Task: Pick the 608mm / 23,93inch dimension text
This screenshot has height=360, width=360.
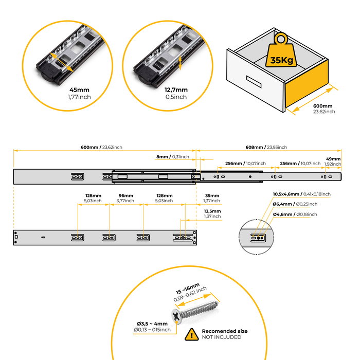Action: (266, 147)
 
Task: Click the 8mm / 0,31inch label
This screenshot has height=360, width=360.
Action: (172, 156)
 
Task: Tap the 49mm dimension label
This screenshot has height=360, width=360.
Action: (333, 159)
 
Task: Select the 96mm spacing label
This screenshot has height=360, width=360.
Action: (125, 196)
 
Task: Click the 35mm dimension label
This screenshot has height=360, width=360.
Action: (212, 196)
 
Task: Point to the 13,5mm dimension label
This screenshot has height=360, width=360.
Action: (212, 211)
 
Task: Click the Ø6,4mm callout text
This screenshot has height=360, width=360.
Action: (295, 204)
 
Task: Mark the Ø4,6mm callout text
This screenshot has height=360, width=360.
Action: (295, 214)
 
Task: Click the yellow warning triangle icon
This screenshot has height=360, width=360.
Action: (192, 335)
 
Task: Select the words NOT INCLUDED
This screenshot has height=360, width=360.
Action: (221, 337)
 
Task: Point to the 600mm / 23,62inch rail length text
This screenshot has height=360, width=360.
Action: (101, 147)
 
